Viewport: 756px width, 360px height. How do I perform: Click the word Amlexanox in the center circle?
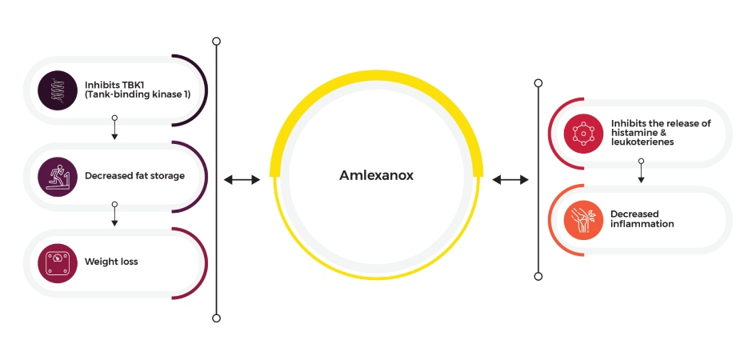pyautogui.click(x=376, y=175)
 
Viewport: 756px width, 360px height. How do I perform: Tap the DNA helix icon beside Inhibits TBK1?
pyautogui.click(x=58, y=90)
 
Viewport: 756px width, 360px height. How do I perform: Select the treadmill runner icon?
pyautogui.click(x=58, y=177)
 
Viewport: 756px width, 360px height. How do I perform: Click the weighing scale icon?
pyautogui.click(x=58, y=263)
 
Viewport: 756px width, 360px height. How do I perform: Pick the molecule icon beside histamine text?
pyautogui.click(x=583, y=134)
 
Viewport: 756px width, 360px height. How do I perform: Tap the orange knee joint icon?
pyautogui.click(x=583, y=220)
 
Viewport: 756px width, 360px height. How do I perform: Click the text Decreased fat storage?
pyautogui.click(x=134, y=176)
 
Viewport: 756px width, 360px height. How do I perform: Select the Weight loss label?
pyautogui.click(x=111, y=262)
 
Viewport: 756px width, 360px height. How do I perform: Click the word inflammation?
pyautogui.click(x=642, y=224)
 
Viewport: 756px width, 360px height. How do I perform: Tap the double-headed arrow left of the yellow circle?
pyautogui.click(x=242, y=180)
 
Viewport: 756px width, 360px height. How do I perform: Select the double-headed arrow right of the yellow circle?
pyautogui.click(x=510, y=180)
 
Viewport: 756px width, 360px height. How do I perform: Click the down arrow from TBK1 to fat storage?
pyautogui.click(x=114, y=128)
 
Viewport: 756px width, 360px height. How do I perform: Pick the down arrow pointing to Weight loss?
pyautogui.click(x=114, y=214)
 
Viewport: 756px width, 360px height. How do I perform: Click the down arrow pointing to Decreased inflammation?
pyautogui.click(x=641, y=170)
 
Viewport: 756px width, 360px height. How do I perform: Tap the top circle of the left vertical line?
pyautogui.click(x=217, y=42)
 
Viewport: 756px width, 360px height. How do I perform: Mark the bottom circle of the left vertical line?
pyautogui.click(x=217, y=318)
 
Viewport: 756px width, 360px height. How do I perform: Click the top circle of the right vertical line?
pyautogui.click(x=538, y=83)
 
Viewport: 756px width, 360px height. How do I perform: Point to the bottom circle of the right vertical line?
pyautogui.click(x=538, y=276)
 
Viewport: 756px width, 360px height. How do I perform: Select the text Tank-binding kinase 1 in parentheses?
pyautogui.click(x=138, y=95)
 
